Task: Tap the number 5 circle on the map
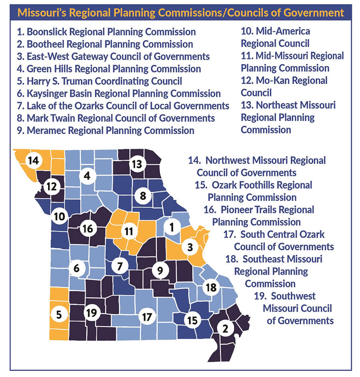point(59,315)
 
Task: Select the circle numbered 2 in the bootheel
point(225,329)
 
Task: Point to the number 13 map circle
point(137,164)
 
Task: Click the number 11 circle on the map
point(128,231)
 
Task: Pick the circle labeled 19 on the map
point(92,313)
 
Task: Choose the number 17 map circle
point(147,317)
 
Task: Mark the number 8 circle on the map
point(142,195)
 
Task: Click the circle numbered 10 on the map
point(60,217)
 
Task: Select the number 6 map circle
point(76,268)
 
